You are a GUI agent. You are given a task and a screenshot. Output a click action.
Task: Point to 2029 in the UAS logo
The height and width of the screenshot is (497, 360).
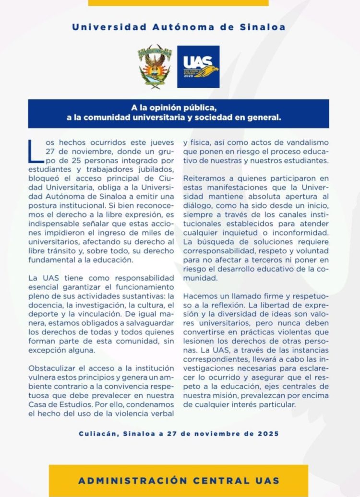click(x=188, y=77)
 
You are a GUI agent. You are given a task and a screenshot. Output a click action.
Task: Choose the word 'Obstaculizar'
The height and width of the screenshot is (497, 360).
click(x=55, y=368)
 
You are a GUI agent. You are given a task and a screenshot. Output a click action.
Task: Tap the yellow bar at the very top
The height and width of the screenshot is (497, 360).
click(x=178, y=2)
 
